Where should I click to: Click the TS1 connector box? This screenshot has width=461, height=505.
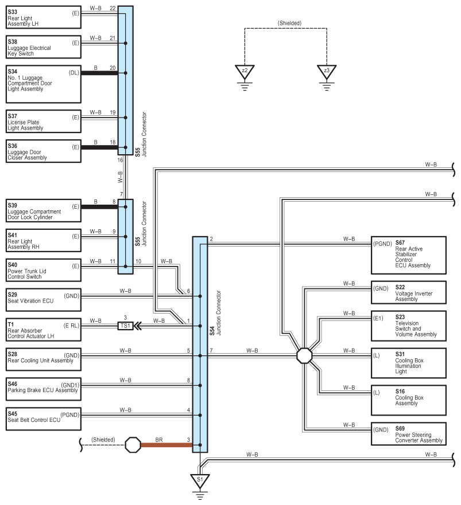pos(125,326)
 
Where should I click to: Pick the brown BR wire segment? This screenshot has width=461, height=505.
pos(166,445)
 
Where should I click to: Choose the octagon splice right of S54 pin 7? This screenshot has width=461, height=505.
pos(304,355)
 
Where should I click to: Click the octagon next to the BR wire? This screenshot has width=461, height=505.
pos(133,445)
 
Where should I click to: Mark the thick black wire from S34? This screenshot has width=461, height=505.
pos(99,73)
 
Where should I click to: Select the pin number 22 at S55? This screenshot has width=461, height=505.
pos(113,9)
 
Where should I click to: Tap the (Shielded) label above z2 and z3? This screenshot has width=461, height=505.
pos(289,23)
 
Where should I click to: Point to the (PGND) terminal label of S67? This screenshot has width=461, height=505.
pos(382,244)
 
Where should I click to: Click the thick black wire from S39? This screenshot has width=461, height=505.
pos(99,207)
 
